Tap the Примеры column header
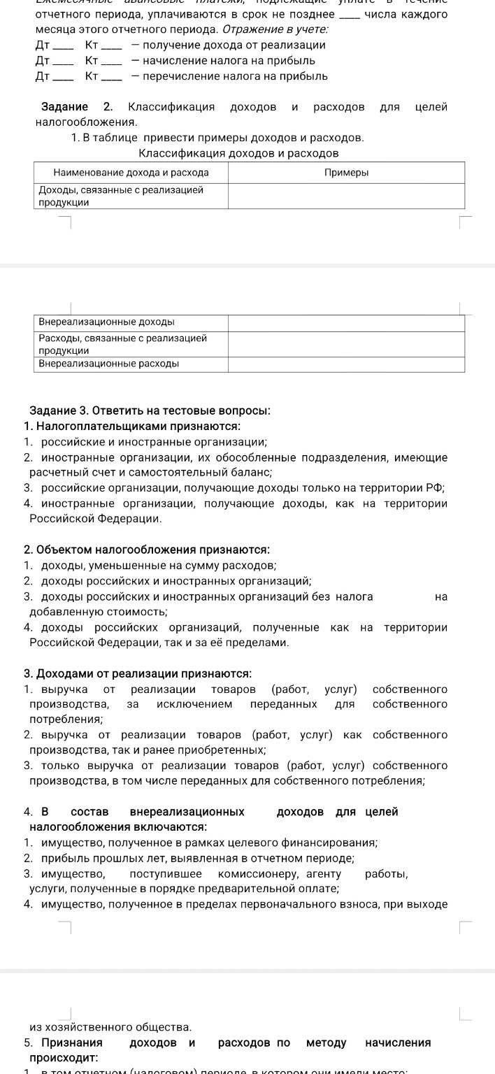click(347, 172)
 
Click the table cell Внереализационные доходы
click(106, 322)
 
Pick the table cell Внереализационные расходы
click(108, 364)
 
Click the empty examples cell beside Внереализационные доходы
click(346, 322)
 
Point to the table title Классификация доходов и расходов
click(239, 152)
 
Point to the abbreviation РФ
click(438, 488)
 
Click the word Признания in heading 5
click(71, 1043)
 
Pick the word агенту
click(324, 874)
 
